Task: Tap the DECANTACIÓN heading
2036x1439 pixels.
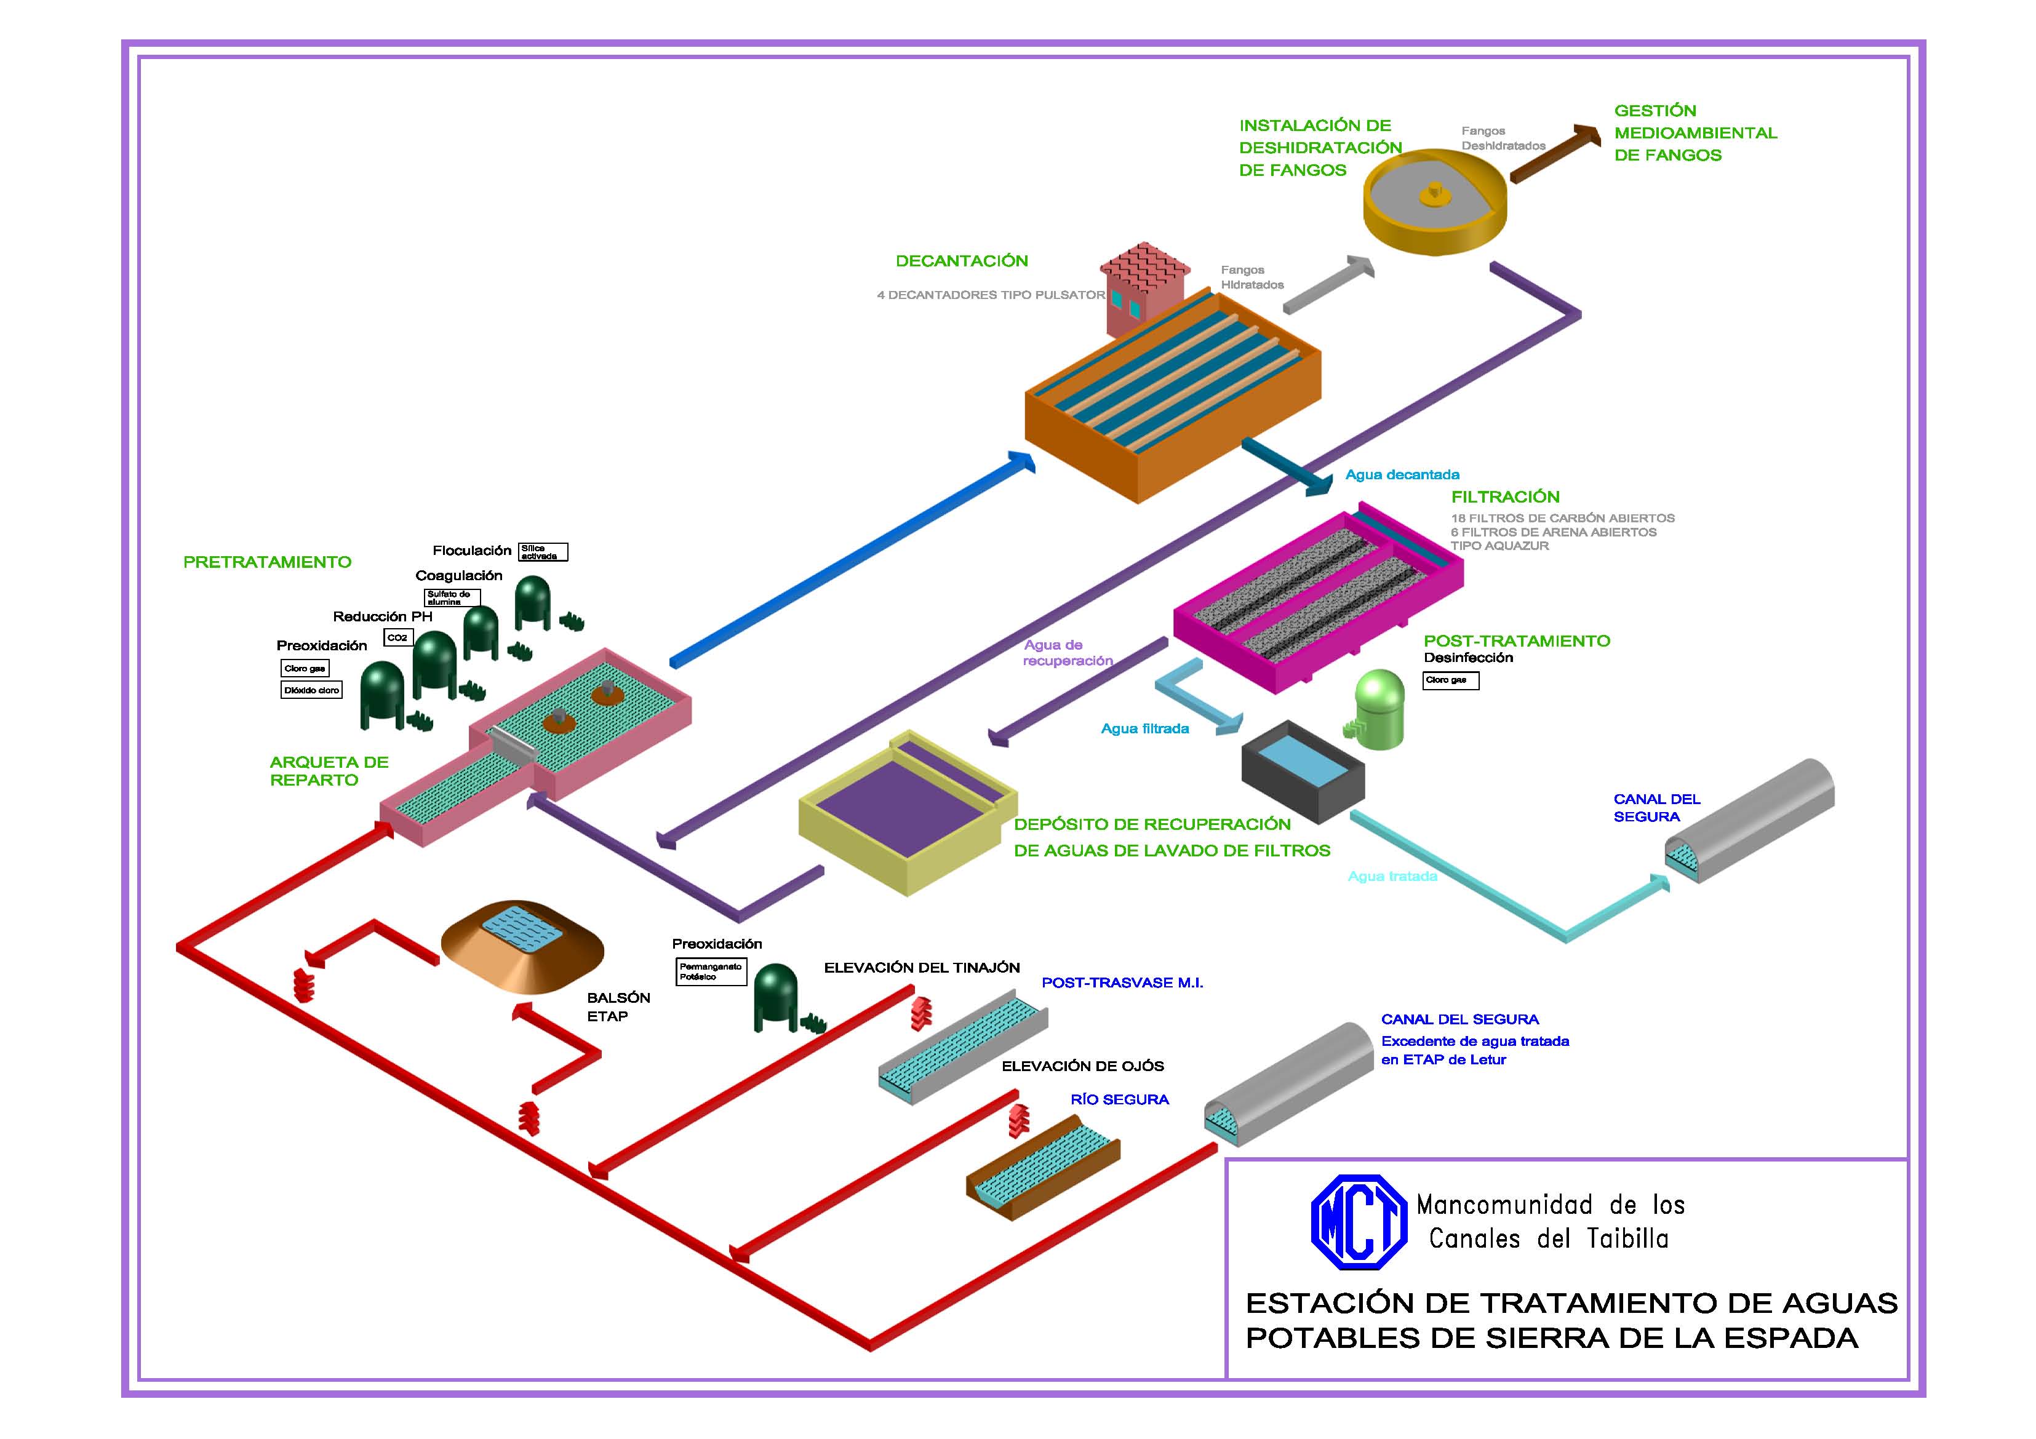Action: (x=961, y=261)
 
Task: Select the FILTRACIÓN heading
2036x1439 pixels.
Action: (x=1505, y=497)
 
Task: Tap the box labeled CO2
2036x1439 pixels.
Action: (x=397, y=637)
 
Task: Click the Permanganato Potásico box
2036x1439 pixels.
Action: (x=710, y=972)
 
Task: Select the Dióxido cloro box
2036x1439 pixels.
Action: (x=311, y=690)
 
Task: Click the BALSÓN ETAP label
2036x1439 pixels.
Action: (x=618, y=1007)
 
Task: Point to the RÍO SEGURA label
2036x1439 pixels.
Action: (x=1119, y=1099)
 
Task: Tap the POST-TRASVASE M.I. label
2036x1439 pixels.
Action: (x=1122, y=983)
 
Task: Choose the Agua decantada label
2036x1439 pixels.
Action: (x=1402, y=475)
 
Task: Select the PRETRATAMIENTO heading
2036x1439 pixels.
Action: (x=267, y=562)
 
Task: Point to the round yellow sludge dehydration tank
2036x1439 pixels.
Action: (x=1434, y=201)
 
